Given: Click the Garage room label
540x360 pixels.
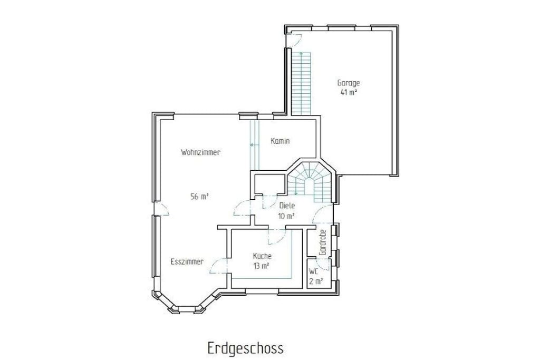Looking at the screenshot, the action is tap(349, 83).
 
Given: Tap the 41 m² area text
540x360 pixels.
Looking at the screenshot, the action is tap(349, 92).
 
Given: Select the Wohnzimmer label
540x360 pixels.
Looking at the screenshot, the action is tap(201, 152).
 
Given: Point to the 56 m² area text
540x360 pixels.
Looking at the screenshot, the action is tap(200, 197).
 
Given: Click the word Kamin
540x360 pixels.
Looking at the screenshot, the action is tap(281, 141).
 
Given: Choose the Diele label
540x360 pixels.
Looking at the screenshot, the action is tap(287, 206).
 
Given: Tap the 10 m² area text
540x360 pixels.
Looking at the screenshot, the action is tap(286, 216).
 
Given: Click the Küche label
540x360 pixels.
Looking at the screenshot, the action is tap(263, 256).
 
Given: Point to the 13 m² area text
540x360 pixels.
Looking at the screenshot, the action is tap(262, 266).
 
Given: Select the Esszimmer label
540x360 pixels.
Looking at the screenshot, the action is tap(187, 261).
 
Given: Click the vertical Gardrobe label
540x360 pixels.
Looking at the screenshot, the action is tap(323, 242).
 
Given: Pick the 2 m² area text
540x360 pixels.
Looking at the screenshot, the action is tap(316, 281).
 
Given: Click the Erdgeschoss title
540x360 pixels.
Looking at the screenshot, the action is tap(246, 347).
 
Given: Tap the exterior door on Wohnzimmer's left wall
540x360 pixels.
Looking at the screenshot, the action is tap(161, 209).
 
